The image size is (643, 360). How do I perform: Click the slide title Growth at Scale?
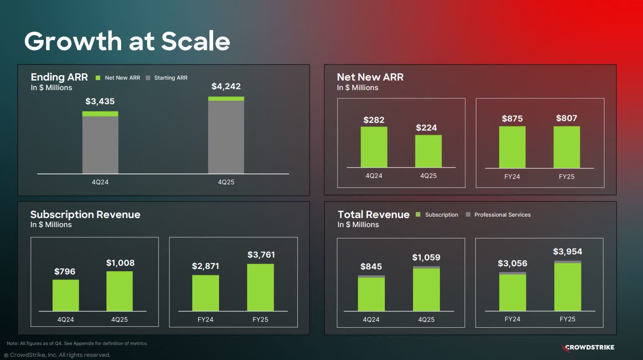click(127, 41)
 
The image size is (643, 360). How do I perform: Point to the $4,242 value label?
click(226, 86)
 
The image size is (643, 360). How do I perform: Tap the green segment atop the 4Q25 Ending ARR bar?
click(226, 99)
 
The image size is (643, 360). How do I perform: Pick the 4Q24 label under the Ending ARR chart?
click(100, 182)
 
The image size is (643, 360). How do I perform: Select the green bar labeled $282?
click(374, 147)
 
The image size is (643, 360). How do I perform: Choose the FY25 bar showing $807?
click(566, 147)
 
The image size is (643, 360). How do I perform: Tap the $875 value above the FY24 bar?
click(512, 119)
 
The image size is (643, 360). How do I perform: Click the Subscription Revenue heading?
click(85, 214)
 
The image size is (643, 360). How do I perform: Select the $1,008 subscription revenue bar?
click(120, 291)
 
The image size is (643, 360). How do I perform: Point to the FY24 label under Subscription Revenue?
click(205, 319)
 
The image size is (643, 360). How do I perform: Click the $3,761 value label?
click(261, 255)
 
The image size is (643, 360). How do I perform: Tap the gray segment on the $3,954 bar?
click(567, 262)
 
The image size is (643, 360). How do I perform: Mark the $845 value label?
click(371, 267)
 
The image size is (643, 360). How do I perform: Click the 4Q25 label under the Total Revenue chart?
click(426, 319)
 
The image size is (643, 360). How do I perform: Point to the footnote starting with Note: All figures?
click(77, 344)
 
